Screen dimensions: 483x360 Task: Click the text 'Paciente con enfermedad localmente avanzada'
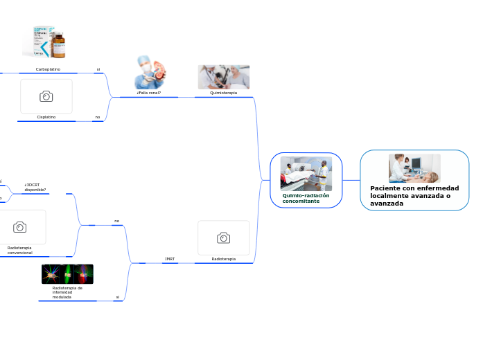414,195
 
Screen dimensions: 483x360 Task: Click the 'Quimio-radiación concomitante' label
306,198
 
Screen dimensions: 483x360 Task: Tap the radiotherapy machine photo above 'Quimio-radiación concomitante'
306,173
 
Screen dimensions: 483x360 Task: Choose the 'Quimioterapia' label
223,92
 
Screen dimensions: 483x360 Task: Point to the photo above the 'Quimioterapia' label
223,77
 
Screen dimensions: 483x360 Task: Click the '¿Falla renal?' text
149,92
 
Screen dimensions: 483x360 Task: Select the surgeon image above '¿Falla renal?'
149,72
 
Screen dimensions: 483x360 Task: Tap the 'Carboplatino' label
48,69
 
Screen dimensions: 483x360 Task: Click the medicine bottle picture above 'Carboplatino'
47,43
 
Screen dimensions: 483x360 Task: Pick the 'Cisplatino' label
46,117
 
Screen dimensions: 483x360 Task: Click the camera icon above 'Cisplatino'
46,96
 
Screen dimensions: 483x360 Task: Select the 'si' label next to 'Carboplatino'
98,69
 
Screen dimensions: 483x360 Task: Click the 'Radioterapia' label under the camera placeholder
223,259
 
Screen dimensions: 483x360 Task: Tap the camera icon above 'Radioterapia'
223,238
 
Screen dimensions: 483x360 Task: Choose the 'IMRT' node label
170,259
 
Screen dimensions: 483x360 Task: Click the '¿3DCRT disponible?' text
35,187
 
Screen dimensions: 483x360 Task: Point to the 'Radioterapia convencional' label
19,250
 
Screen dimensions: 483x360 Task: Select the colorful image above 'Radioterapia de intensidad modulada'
67,274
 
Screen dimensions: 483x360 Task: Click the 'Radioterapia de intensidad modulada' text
67,292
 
